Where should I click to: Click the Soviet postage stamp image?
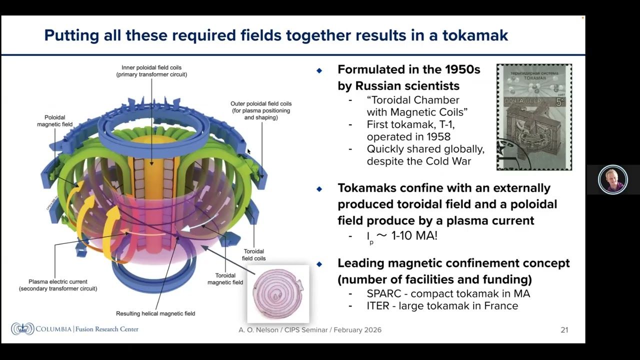coord(534,117)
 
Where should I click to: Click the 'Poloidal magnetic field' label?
coord(54,121)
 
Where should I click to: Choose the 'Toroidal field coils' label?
coord(253,255)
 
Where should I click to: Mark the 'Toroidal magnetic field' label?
coord(225,279)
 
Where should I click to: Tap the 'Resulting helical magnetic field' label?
coord(155,313)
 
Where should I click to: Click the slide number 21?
coord(564,330)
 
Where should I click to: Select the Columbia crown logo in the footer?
coord(22,329)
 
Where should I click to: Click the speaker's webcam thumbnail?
coord(612,179)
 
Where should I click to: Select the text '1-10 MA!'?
coord(414,236)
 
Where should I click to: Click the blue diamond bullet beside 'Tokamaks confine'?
coord(319,189)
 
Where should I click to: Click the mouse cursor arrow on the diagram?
coord(248,151)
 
